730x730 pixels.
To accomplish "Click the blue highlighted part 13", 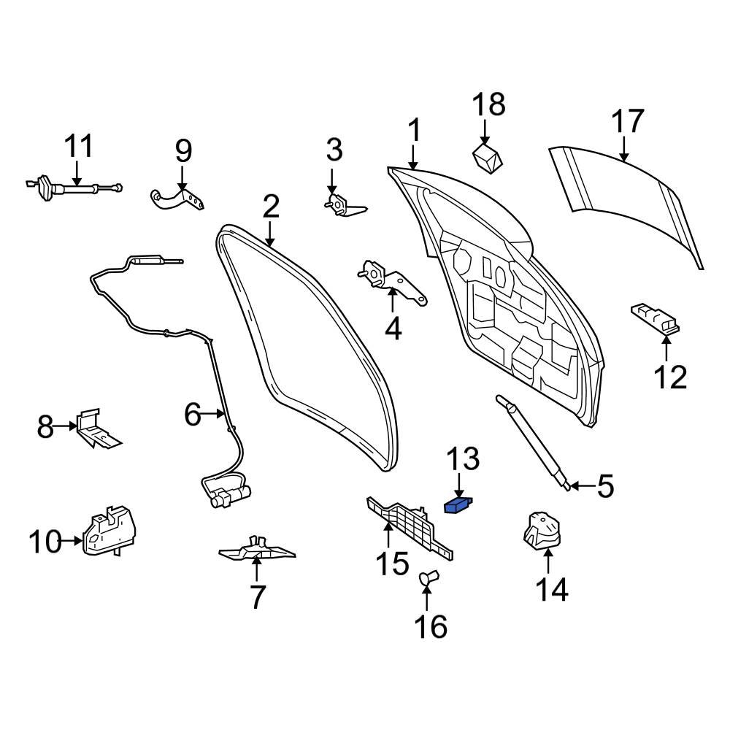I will pos(458,504).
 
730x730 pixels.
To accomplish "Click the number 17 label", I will pos(627,121).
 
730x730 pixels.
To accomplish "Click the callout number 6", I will pos(191,415).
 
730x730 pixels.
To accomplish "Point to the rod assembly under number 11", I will pos(73,188).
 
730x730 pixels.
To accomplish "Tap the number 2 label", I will pos(270,207).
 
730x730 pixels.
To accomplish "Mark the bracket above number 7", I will pos(257,549).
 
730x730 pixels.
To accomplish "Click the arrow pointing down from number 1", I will pos(413,157).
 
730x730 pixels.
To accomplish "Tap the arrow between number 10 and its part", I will pos(73,541).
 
